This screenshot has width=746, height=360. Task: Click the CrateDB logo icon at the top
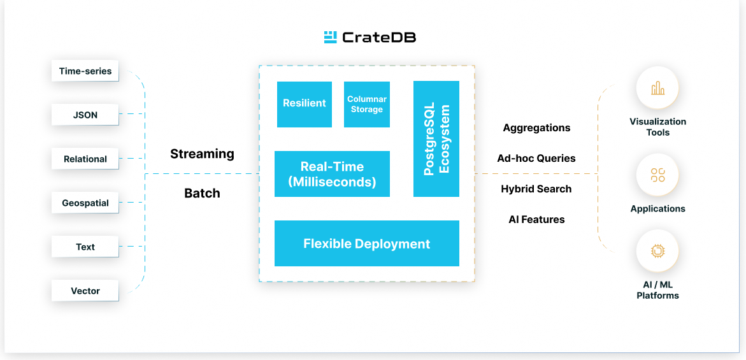(x=330, y=37)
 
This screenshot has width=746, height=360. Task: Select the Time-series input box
(x=85, y=71)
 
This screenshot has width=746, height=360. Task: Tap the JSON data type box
(x=85, y=115)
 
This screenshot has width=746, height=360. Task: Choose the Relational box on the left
(x=85, y=159)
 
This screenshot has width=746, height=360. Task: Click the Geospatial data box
(x=85, y=203)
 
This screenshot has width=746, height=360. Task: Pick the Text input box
(x=85, y=247)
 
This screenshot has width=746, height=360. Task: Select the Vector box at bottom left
(x=85, y=291)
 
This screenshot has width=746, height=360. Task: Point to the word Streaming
(x=202, y=154)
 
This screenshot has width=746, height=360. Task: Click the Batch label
(x=202, y=194)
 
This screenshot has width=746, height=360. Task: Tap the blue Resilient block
(x=305, y=104)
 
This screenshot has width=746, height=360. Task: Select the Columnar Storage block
(x=367, y=104)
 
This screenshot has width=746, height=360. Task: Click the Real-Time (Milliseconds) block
(x=332, y=174)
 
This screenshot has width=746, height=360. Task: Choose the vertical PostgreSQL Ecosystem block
(x=436, y=139)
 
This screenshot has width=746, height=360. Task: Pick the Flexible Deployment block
(x=367, y=243)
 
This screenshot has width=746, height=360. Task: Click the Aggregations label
(x=536, y=128)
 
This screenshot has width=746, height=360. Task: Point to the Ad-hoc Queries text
(x=536, y=159)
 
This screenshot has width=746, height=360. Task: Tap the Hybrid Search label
(x=536, y=189)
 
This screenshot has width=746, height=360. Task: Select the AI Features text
(x=536, y=220)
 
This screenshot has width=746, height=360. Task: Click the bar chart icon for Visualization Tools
(x=657, y=88)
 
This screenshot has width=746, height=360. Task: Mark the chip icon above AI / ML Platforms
(x=657, y=251)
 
